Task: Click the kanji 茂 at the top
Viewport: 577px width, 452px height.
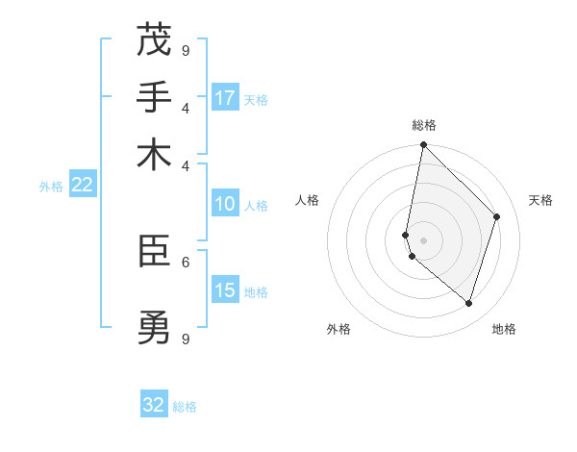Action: (x=154, y=40)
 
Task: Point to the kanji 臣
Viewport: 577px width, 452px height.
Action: (x=154, y=252)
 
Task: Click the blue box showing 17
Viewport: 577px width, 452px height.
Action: (x=225, y=98)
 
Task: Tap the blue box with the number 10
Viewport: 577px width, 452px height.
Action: (x=225, y=204)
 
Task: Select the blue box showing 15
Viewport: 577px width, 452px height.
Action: (x=225, y=290)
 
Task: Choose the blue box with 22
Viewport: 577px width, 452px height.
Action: (x=82, y=185)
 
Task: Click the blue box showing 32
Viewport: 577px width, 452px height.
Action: (x=154, y=405)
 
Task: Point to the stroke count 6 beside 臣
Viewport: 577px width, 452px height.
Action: (x=186, y=261)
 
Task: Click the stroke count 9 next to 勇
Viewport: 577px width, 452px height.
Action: (x=186, y=339)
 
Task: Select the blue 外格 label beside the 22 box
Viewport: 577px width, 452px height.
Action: (x=51, y=187)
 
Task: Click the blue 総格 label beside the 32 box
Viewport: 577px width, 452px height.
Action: (x=185, y=407)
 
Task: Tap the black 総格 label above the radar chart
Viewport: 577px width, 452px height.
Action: (x=423, y=125)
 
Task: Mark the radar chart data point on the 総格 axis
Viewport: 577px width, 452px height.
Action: (x=423, y=145)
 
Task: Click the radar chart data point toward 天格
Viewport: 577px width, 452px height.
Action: (x=497, y=216)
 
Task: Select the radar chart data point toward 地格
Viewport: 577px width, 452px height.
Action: (x=468, y=303)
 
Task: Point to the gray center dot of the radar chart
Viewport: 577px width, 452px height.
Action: (x=423, y=239)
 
